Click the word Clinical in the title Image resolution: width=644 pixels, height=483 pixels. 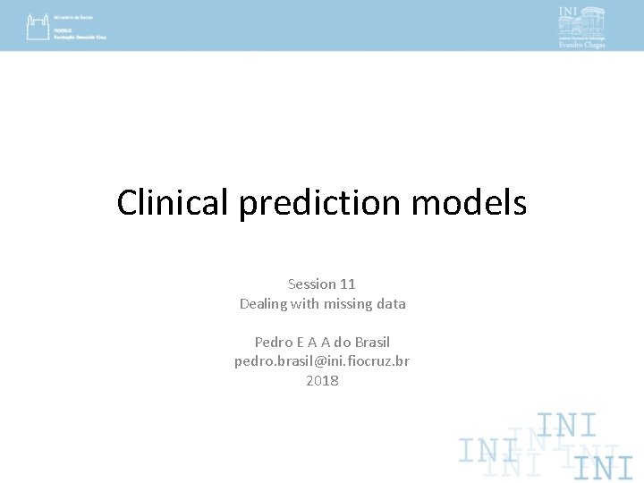click(174, 203)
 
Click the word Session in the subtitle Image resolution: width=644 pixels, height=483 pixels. click(312, 284)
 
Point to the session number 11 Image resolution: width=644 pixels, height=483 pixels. click(347, 284)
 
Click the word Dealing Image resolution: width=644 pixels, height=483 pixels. click(264, 303)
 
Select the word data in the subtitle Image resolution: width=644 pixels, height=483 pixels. click(391, 303)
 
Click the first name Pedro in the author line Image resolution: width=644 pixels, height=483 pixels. click(274, 342)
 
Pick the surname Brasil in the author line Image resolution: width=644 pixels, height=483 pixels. click(372, 342)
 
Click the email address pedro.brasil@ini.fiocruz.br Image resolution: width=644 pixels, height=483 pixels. click(322, 361)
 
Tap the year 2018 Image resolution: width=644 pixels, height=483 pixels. click(322, 381)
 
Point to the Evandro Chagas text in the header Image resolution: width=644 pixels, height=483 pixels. click(582, 45)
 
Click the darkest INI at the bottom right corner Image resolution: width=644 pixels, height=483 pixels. click(604, 467)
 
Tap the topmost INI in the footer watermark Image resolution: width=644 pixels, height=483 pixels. click(566, 425)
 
